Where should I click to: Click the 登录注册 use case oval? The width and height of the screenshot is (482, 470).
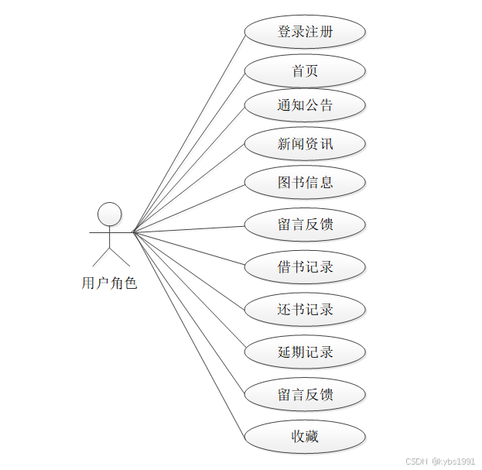click(x=305, y=33)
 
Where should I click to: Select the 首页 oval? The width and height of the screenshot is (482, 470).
click(x=305, y=71)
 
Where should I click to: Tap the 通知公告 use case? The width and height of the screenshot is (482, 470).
click(x=305, y=105)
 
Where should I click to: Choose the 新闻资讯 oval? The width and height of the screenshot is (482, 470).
click(x=305, y=144)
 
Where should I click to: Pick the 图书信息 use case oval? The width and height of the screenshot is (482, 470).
click(x=305, y=183)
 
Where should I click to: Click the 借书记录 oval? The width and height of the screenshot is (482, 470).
click(x=305, y=267)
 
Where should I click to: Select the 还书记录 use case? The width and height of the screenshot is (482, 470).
click(x=305, y=310)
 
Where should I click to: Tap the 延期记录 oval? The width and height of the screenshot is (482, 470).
click(x=305, y=352)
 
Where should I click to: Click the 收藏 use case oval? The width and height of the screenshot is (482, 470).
click(x=305, y=437)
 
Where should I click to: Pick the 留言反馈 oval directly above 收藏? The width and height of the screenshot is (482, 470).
click(x=305, y=395)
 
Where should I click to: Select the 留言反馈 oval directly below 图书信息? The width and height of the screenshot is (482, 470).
click(x=305, y=225)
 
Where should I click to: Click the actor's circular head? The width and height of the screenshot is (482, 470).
click(x=110, y=214)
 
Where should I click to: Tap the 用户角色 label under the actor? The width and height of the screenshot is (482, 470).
click(x=109, y=283)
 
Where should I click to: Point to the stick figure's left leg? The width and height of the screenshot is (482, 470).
click(x=101, y=257)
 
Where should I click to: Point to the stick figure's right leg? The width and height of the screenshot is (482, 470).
click(x=119, y=257)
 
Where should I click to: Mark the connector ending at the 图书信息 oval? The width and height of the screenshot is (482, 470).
click(x=190, y=207)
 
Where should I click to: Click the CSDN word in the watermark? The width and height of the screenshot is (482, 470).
click(x=416, y=461)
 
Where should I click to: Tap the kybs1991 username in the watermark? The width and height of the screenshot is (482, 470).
click(x=456, y=461)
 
